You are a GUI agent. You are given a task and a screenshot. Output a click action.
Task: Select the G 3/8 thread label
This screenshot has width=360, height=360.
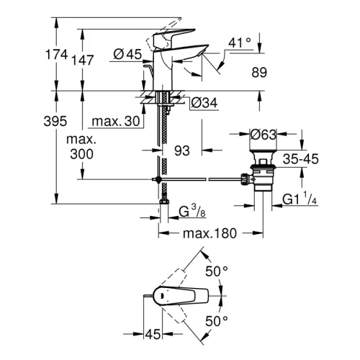(x=192, y=212)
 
